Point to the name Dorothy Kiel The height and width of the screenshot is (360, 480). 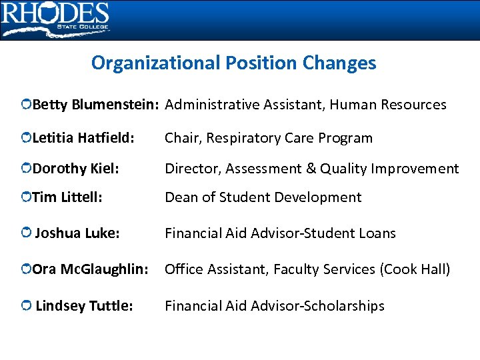[75, 169]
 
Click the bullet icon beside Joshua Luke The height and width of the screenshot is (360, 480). [25, 233]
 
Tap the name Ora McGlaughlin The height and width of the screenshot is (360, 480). [90, 269]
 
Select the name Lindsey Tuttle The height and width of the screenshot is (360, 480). [84, 306]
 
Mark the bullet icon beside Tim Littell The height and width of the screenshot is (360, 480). [25, 198]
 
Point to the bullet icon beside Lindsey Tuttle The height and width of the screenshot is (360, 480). [25, 306]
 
